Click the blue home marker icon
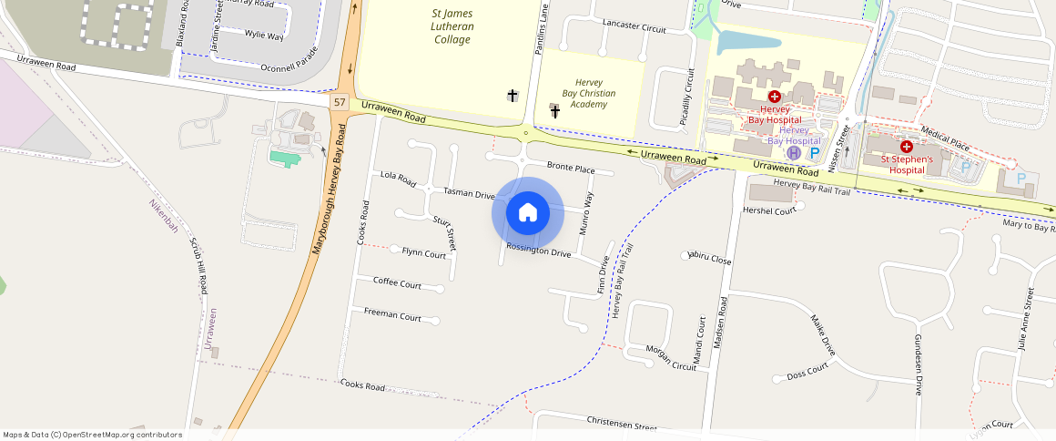[x=528, y=212]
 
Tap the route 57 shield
[x=340, y=102]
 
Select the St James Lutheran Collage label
[x=452, y=26]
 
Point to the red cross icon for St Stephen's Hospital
[x=907, y=147]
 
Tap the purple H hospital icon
[x=793, y=153]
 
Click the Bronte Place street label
[x=571, y=168]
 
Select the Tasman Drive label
[x=469, y=193]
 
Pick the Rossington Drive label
[x=538, y=250]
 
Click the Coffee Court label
[x=397, y=282]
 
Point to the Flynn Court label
[x=423, y=253]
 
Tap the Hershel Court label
[x=769, y=210]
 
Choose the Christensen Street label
[x=622, y=426]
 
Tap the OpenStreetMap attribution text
[x=92, y=435]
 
